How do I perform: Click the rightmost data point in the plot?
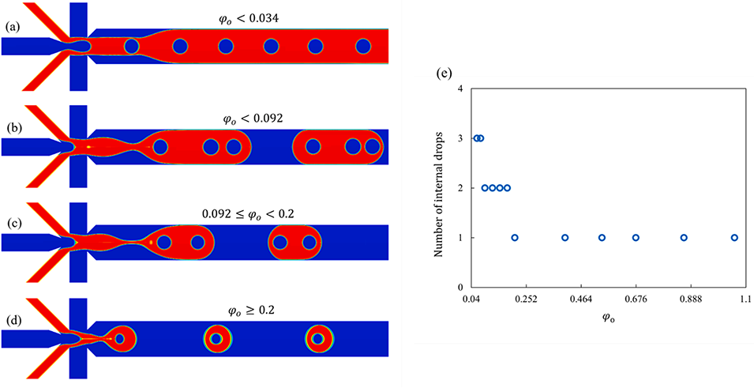click(x=734, y=237)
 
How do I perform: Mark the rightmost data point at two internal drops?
click(x=507, y=188)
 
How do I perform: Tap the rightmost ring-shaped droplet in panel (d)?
click(x=317, y=338)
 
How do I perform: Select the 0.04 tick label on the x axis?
click(x=471, y=299)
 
